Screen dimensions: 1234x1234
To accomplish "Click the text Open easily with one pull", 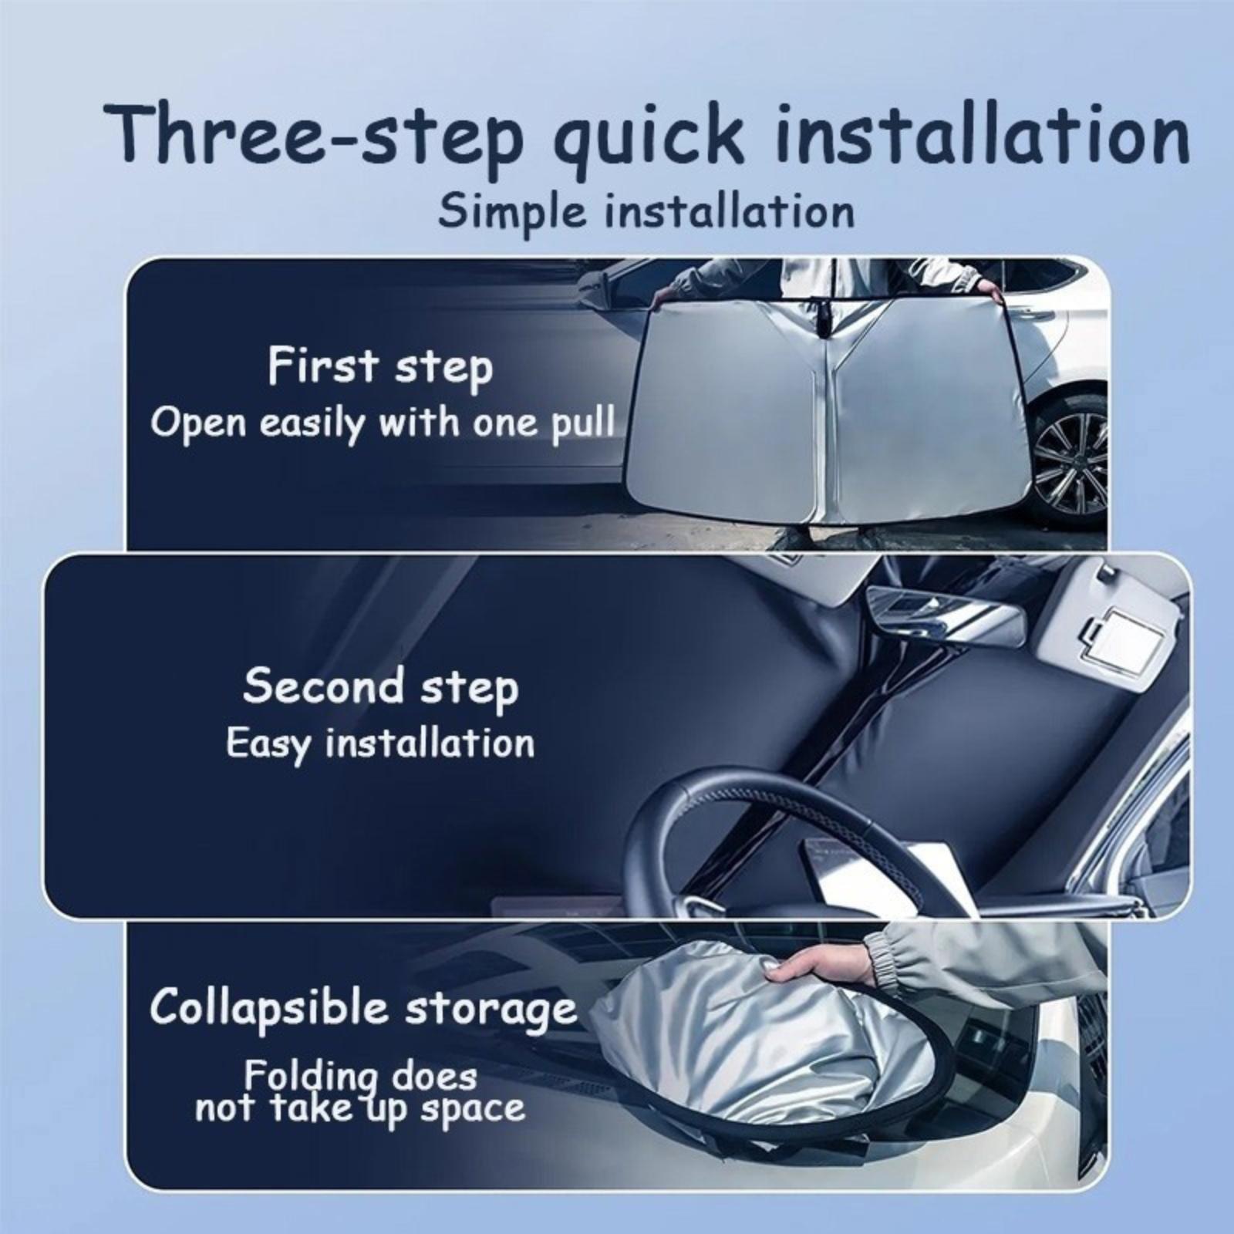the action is pos(383,424).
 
